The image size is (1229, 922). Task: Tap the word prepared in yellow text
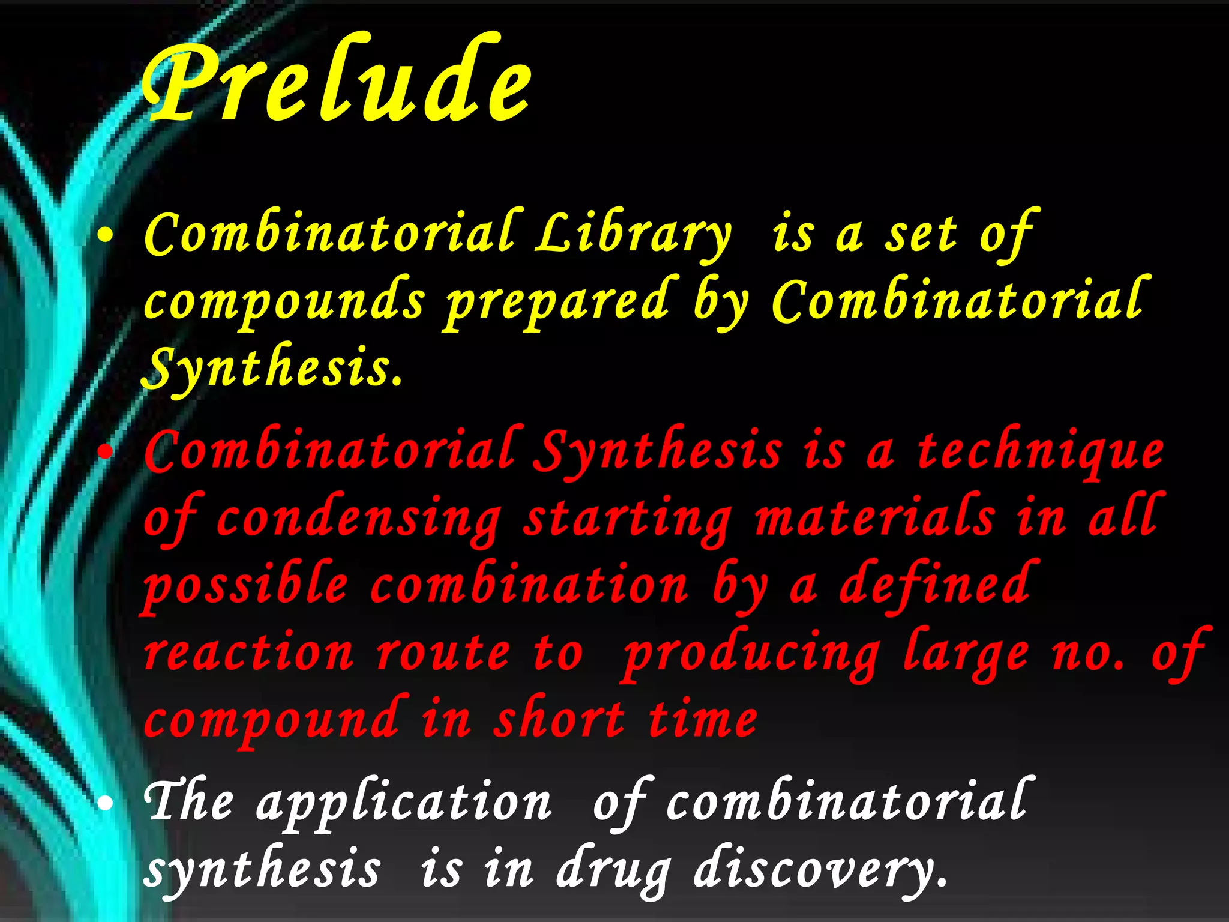tap(557, 302)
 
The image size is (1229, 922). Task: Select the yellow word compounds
tap(284, 302)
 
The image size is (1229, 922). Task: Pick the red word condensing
tap(358, 519)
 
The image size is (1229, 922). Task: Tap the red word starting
tap(627, 520)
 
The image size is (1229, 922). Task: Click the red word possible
tap(245, 585)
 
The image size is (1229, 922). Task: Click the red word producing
tap(750, 654)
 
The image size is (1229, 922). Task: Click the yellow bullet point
tap(105, 236)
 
